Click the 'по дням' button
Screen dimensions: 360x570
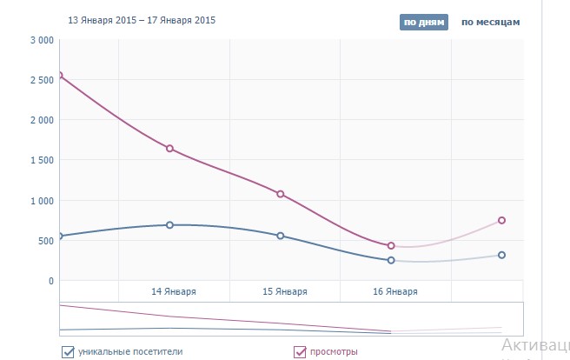(424, 22)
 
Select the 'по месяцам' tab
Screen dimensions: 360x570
(490, 22)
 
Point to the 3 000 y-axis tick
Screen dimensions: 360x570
(42, 40)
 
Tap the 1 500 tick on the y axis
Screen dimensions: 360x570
(42, 160)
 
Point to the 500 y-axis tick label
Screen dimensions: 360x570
(46, 241)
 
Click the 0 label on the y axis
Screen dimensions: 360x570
(51, 281)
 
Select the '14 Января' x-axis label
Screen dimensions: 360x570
(174, 291)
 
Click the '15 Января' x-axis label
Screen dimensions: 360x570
(285, 291)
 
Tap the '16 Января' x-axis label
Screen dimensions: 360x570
(395, 291)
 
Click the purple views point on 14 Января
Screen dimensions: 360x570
(169, 149)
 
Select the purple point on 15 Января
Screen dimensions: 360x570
(281, 194)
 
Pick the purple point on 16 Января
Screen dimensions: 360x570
(391, 246)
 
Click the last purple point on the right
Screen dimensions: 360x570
(502, 221)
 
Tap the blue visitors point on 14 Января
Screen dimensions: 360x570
(169, 225)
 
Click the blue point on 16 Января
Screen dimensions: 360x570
(391, 260)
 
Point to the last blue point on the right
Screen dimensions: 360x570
(502, 255)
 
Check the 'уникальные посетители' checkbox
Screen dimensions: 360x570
(68, 352)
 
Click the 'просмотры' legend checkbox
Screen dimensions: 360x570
(300, 352)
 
